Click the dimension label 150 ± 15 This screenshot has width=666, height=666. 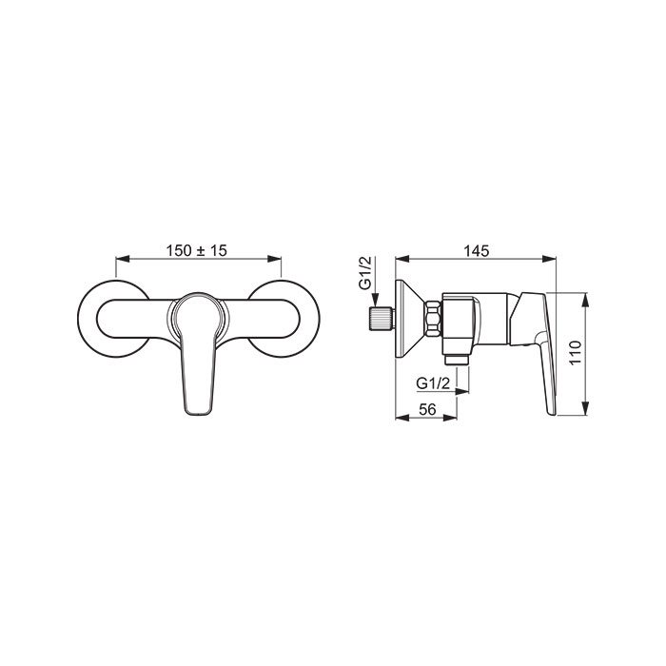click(x=196, y=250)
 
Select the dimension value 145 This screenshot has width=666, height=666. click(x=476, y=250)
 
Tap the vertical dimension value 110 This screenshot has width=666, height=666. click(x=575, y=353)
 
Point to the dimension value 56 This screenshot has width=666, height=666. click(x=427, y=409)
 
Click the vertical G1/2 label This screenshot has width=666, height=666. click(x=364, y=273)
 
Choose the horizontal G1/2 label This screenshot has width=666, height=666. click(x=432, y=383)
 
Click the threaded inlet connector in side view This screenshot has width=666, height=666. click(x=382, y=318)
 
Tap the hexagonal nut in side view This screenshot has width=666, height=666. click(x=433, y=320)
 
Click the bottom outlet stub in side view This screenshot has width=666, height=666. click(x=457, y=360)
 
